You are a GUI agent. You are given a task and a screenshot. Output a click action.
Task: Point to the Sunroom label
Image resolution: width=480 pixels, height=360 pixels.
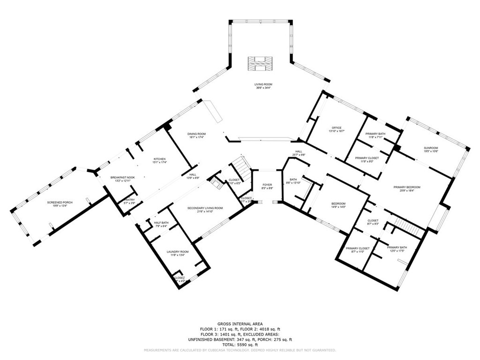click(x=431, y=149)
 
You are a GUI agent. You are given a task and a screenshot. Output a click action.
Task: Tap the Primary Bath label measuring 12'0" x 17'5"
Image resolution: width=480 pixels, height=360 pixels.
click(x=397, y=249)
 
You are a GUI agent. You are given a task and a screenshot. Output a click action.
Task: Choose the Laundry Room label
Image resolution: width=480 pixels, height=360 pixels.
click(x=178, y=254)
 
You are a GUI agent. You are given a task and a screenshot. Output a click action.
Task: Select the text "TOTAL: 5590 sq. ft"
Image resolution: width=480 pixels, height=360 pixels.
click(x=240, y=344)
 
